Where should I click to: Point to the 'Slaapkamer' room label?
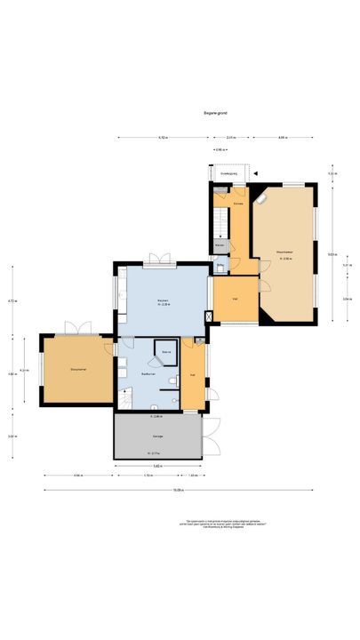77,368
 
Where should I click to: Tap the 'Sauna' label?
165,353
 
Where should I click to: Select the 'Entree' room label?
237,204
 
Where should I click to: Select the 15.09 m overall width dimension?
178,490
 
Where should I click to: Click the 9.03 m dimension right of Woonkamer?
330,254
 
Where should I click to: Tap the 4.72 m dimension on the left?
11,300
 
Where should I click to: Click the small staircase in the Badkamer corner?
125,401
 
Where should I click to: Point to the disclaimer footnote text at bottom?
226,524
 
